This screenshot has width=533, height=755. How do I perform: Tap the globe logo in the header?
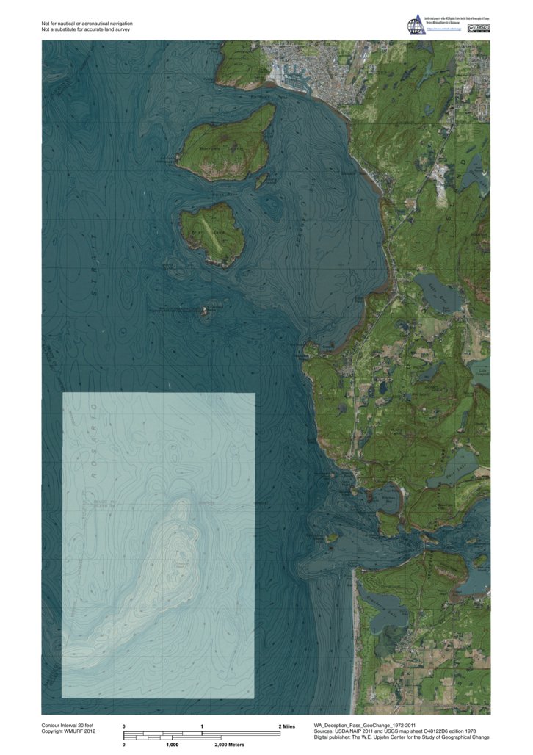pyautogui.click(x=416, y=25)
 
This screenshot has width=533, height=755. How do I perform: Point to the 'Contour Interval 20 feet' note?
pyautogui.click(x=70, y=726)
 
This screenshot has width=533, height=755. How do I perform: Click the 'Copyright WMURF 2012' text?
pyautogui.click(x=69, y=732)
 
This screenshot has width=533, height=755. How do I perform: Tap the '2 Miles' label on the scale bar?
pyautogui.click(x=286, y=726)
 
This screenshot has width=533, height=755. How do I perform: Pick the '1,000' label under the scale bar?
pyautogui.click(x=173, y=745)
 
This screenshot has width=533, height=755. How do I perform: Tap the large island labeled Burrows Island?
pyautogui.click(x=225, y=144)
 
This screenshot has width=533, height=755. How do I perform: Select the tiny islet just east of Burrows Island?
pyautogui.click(x=261, y=181)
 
